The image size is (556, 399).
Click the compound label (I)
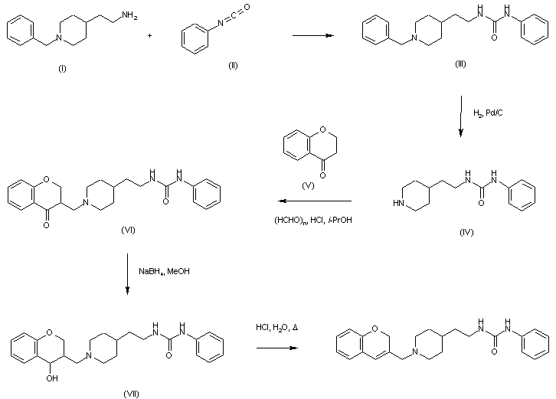point(62,69)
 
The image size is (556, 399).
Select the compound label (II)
point(233,66)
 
